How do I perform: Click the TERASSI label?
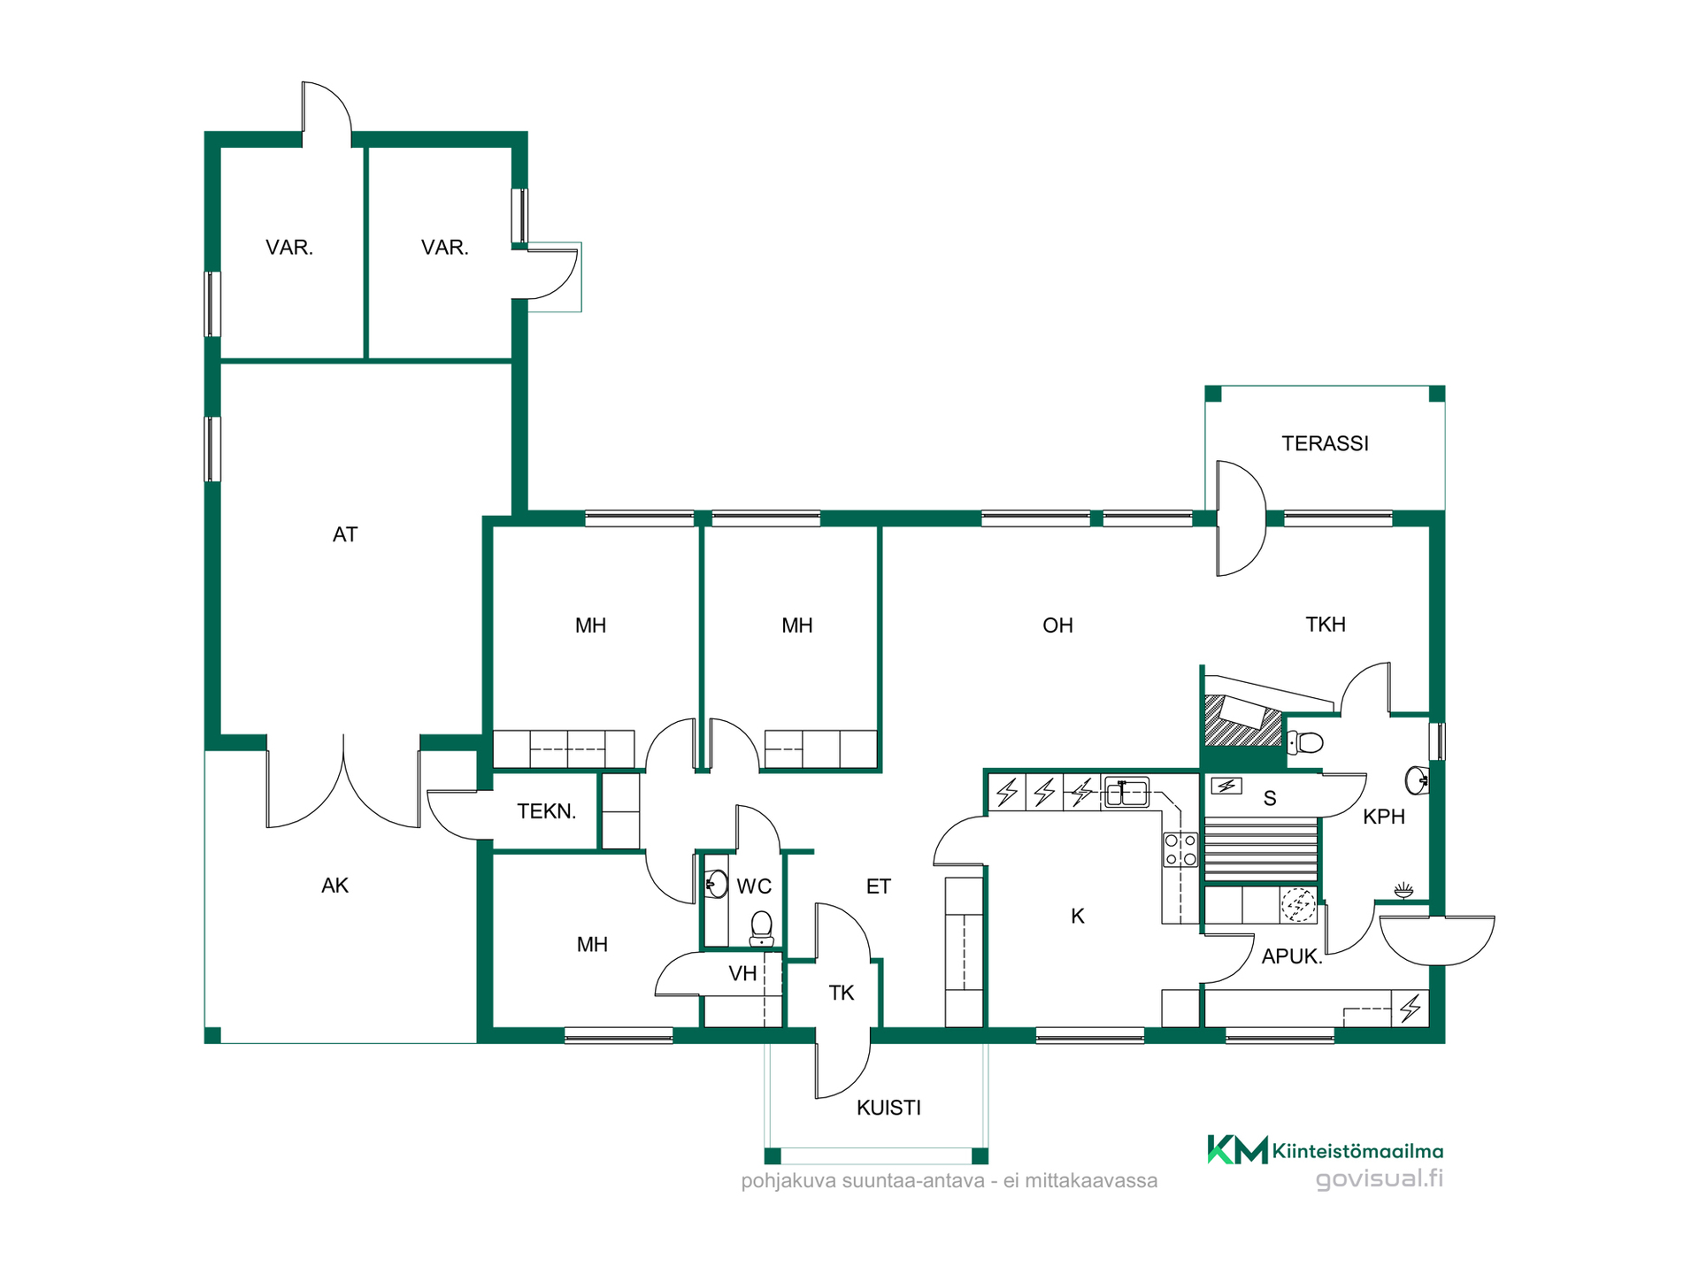click(1325, 443)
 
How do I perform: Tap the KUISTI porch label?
click(888, 1108)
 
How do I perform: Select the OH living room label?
click(1057, 625)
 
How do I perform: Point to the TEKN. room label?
click(547, 811)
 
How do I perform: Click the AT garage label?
click(345, 534)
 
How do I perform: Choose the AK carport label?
click(335, 886)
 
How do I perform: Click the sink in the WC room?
click(716, 883)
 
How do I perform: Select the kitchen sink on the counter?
click(1126, 792)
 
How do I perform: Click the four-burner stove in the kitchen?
click(1180, 849)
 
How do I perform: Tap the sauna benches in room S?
click(1261, 851)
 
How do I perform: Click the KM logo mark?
click(1237, 1150)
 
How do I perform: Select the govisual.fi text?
click(1379, 1179)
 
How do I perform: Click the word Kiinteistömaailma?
click(1357, 1151)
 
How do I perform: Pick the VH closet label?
click(742, 974)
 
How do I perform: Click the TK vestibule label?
click(842, 994)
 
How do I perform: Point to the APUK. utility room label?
click(1292, 956)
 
